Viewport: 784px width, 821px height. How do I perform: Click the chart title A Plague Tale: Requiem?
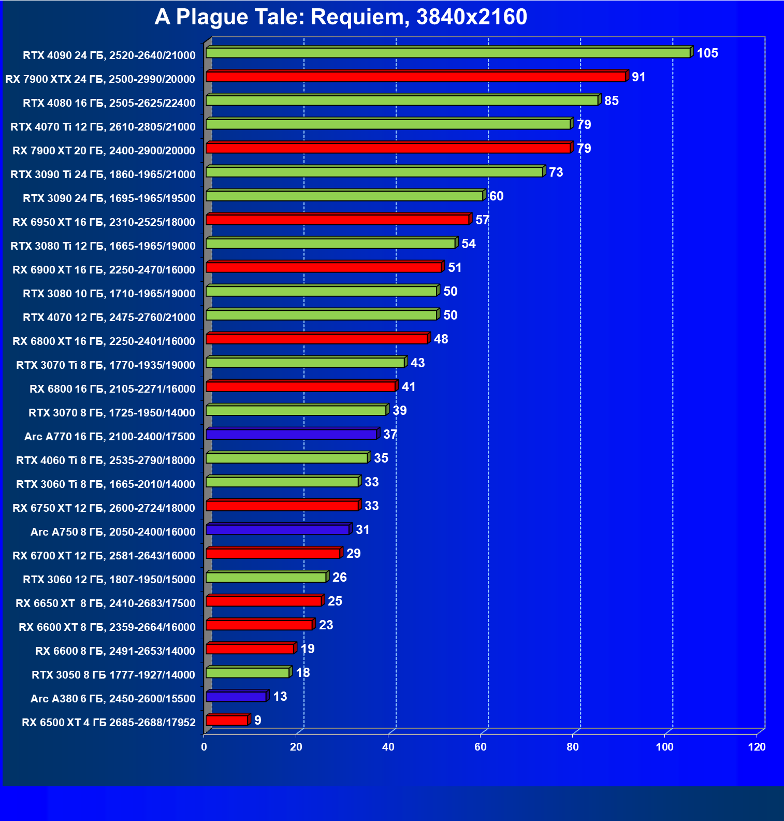341,17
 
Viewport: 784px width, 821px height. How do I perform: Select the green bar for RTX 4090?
448,53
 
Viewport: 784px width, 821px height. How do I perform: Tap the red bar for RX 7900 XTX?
416,77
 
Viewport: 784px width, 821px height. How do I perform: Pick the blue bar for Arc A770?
292,434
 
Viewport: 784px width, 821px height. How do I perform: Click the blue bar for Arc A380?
236,696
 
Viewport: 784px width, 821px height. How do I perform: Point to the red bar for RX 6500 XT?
227,720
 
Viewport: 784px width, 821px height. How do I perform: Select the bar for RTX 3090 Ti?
374,172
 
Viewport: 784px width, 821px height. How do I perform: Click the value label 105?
707,53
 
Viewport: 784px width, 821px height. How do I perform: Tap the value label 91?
638,77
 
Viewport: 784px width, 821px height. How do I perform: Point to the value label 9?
257,720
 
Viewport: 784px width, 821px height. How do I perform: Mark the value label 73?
556,172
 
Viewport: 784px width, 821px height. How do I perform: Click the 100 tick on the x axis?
664,747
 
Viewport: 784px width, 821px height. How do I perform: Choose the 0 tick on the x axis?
204,747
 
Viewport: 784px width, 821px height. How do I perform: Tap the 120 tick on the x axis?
757,747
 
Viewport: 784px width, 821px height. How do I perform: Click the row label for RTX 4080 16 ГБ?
109,103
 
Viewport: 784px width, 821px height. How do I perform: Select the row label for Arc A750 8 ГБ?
113,531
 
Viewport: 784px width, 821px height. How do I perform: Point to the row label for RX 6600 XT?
107,627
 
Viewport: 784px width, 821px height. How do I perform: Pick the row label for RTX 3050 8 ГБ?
113,674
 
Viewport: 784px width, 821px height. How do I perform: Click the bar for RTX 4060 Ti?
287,458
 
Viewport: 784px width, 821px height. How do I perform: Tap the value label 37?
390,434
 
